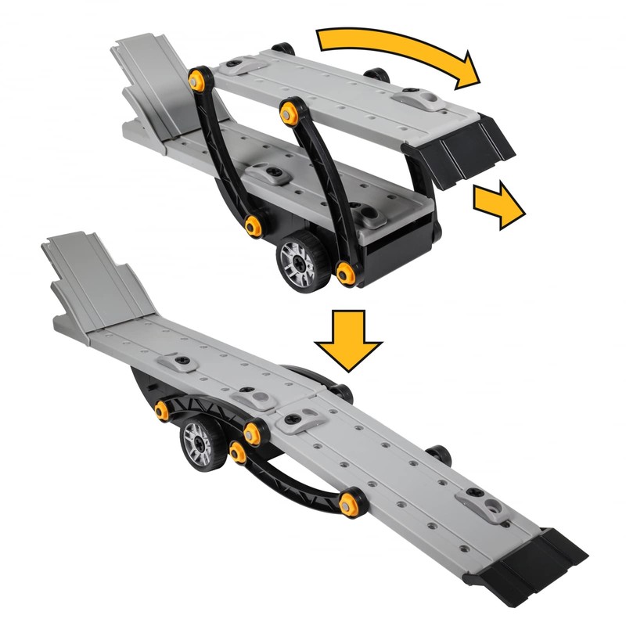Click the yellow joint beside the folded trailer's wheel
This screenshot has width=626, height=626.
(x=345, y=272)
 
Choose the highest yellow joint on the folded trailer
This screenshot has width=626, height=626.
(x=198, y=79)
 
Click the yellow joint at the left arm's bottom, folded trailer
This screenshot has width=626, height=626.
(x=253, y=226)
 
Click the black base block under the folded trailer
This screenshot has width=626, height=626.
(x=399, y=239)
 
